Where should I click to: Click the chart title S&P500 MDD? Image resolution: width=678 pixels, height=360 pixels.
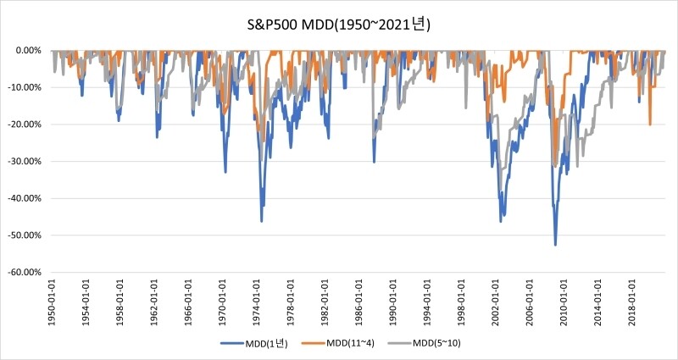pyautogui.click(x=339, y=25)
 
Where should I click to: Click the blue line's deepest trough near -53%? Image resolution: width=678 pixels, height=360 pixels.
pyautogui.click(x=555, y=245)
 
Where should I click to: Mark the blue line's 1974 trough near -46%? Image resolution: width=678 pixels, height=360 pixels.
pyautogui.click(x=261, y=221)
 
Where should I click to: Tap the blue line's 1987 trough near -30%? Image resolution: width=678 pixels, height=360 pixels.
pyautogui.click(x=374, y=162)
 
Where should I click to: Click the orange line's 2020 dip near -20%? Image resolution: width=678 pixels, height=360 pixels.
pyautogui.click(x=650, y=125)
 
